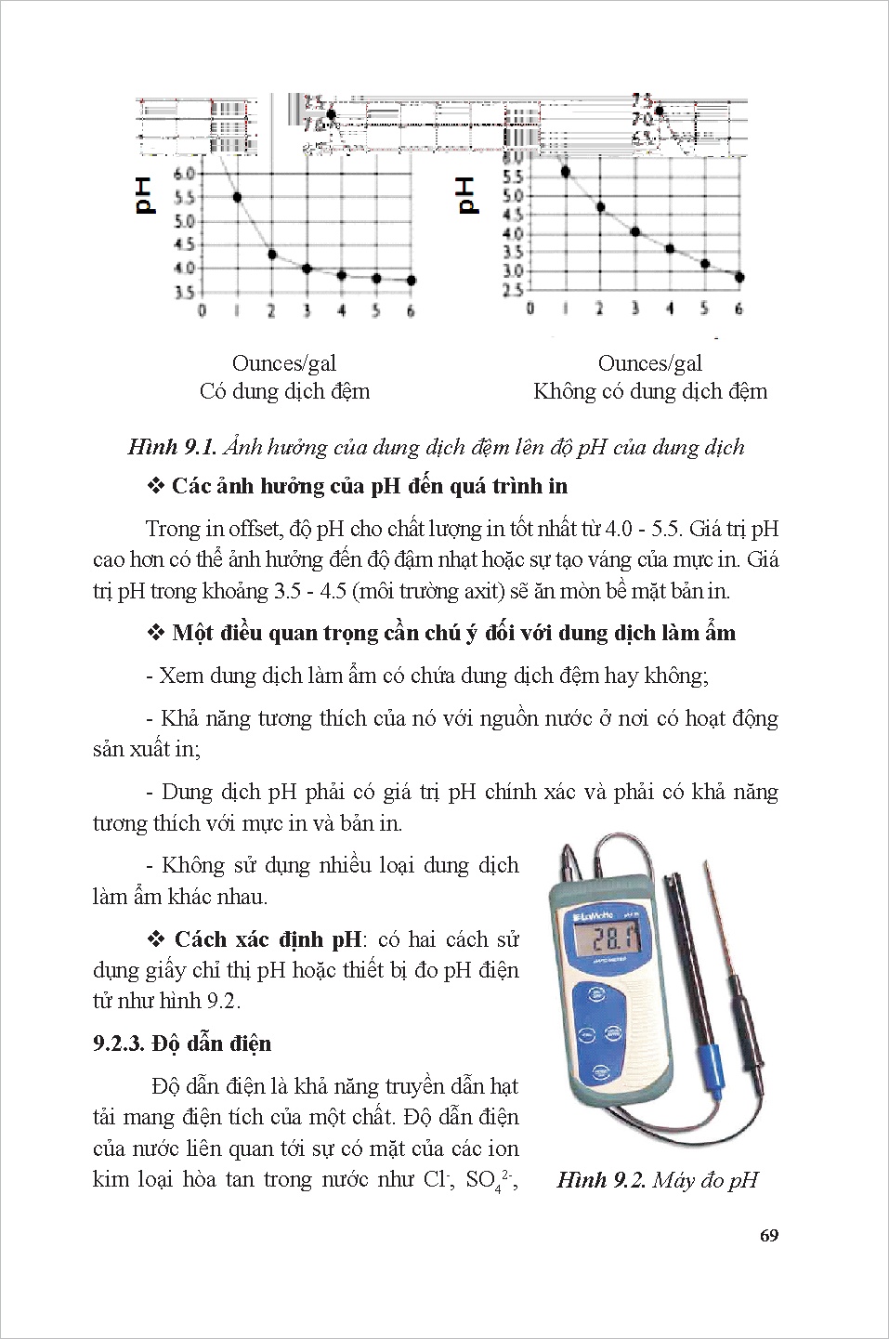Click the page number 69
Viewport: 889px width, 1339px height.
pyautogui.click(x=767, y=1235)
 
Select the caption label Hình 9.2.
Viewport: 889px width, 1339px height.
pyautogui.click(x=600, y=1180)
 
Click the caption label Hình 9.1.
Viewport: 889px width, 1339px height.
pyautogui.click(x=172, y=447)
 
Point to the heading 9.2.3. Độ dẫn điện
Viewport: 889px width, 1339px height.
pyautogui.click(x=182, y=1043)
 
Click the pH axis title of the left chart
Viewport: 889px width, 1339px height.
pyautogui.click(x=144, y=196)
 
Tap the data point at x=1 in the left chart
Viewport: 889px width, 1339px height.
pyautogui.click(x=238, y=197)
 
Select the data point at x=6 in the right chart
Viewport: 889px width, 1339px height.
pyautogui.click(x=739, y=277)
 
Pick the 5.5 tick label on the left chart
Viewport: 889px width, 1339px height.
pyautogui.click(x=184, y=198)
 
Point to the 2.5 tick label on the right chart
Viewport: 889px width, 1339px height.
pyautogui.click(x=512, y=291)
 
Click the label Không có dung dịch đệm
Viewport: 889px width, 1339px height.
pyautogui.click(x=650, y=391)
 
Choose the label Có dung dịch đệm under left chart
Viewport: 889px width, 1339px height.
pyautogui.click(x=284, y=391)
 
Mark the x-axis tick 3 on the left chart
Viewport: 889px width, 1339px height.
pyautogui.click(x=307, y=311)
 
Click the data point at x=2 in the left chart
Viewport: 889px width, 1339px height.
pyautogui.click(x=272, y=254)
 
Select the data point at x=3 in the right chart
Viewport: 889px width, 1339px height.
pyautogui.click(x=635, y=231)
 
